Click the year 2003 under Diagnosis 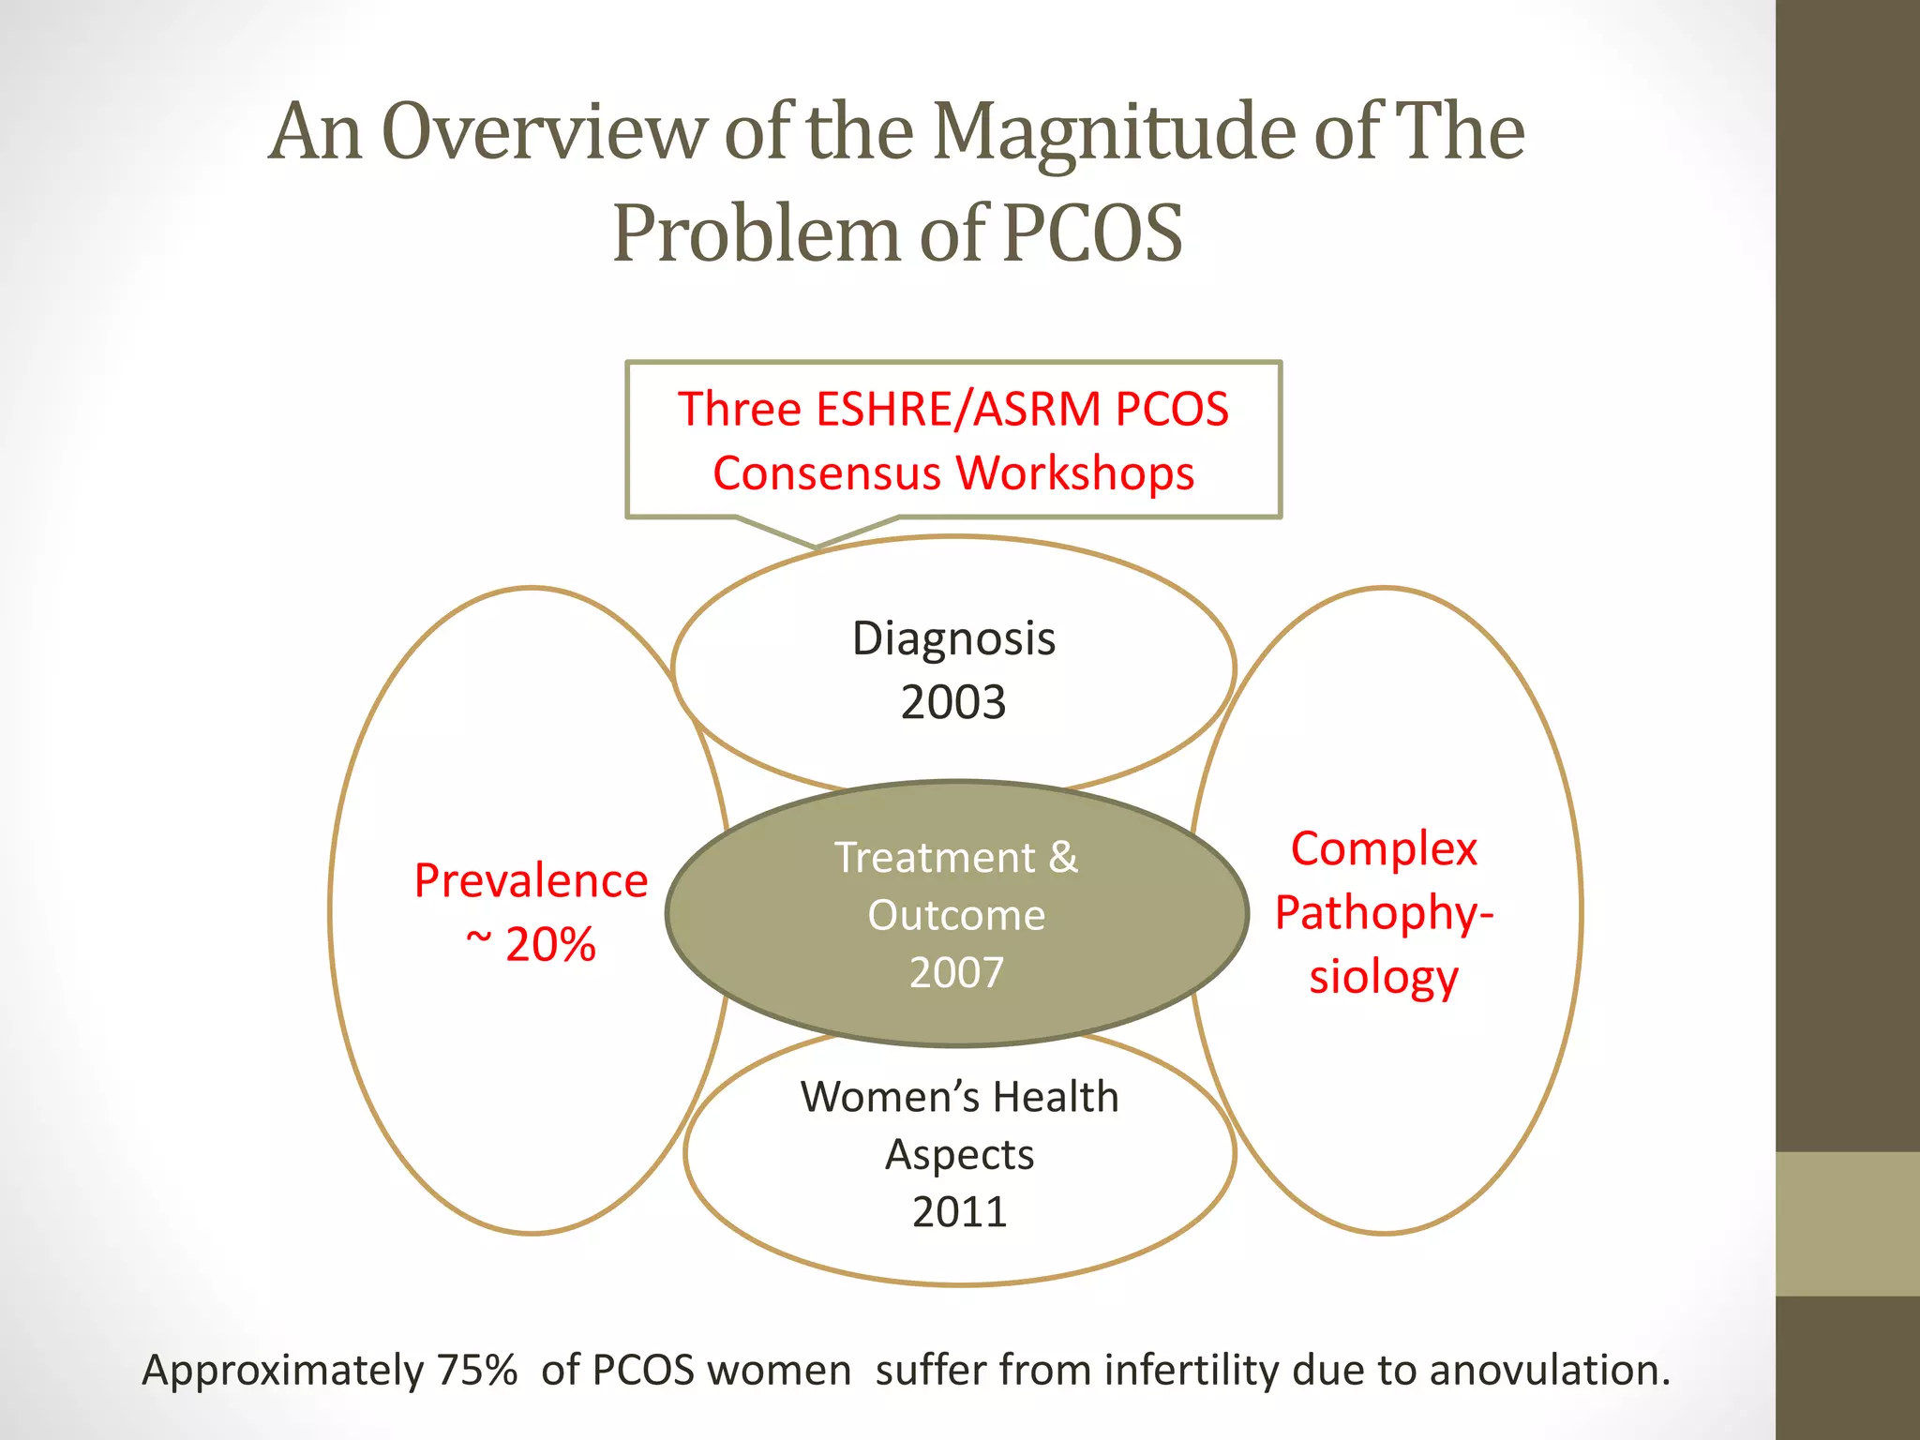(x=953, y=702)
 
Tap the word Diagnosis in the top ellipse (x=953, y=638)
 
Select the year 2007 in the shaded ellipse (x=956, y=972)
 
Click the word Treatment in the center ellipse (x=935, y=857)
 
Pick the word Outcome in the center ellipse (x=956, y=915)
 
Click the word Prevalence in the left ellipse (x=531, y=881)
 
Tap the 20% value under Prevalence (x=549, y=944)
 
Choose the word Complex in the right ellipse (x=1384, y=849)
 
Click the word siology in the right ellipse (x=1384, y=977)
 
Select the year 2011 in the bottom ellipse (x=959, y=1212)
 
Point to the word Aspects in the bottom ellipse (x=959, y=1155)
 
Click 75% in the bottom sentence (x=477, y=1370)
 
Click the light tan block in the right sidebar (x=1848, y=1223)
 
